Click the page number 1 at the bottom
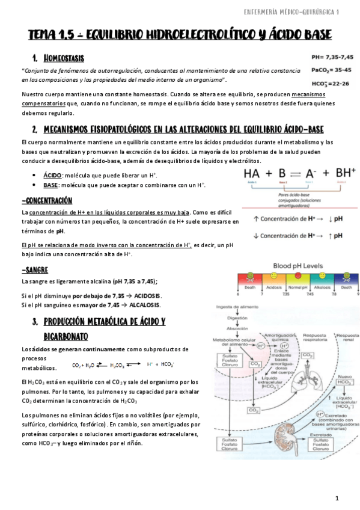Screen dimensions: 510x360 coord(338,498)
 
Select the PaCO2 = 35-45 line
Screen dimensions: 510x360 coord(331,70)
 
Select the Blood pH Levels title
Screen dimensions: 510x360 coord(294,265)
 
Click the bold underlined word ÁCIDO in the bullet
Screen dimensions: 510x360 coord(51,174)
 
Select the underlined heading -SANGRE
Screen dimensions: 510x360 coord(34,270)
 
